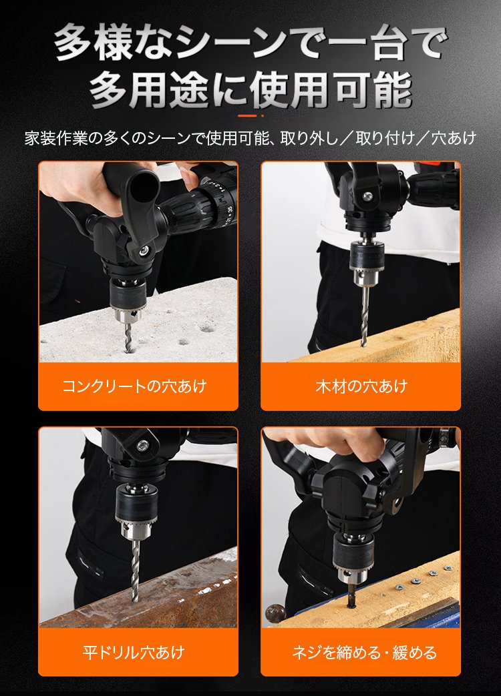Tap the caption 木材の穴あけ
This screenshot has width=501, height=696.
click(x=361, y=386)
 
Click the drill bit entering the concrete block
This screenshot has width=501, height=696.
click(x=129, y=337)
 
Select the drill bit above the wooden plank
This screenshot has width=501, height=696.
click(x=363, y=314)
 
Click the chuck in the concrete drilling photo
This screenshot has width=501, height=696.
click(x=128, y=300)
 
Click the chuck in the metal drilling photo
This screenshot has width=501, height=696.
click(x=135, y=510)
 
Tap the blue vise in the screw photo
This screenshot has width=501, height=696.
click(x=428, y=614)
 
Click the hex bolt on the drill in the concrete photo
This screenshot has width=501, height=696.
click(x=143, y=251)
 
